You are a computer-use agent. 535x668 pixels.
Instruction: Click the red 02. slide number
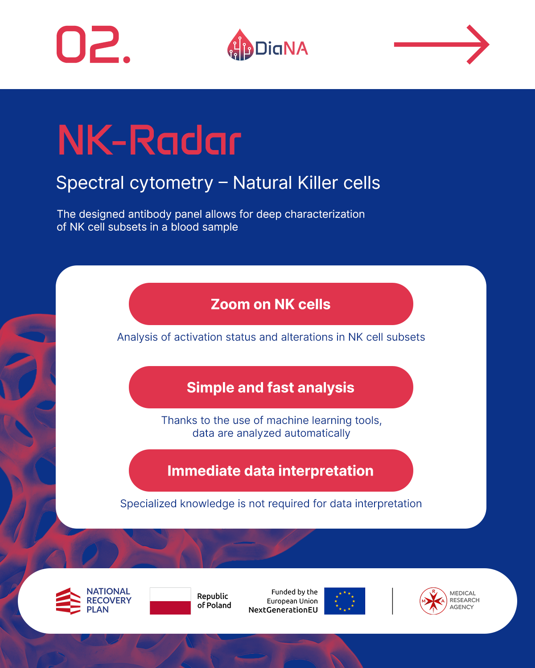pos(93,45)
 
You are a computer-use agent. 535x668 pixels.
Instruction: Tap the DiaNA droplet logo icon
pos(240,45)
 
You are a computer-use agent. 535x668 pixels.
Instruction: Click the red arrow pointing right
pos(441,45)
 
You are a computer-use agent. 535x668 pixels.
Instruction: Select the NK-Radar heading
pos(149,140)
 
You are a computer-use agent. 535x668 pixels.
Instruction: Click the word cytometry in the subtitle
pos(171,183)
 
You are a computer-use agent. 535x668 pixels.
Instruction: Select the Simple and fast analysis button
pos(271,387)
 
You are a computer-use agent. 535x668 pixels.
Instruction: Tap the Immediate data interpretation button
pos(271,470)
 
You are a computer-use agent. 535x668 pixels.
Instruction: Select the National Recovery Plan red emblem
pos(68,601)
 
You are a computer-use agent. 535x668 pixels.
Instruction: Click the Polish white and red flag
pos(170,601)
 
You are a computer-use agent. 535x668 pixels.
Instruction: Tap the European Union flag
pos(345,601)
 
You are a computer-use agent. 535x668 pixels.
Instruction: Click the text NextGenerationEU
pos(283,610)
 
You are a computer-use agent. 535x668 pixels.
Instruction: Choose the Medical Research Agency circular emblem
pos(433,601)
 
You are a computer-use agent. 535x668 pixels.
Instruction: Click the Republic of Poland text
pos(214,601)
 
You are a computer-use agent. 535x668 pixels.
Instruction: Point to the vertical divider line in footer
pos(392,601)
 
